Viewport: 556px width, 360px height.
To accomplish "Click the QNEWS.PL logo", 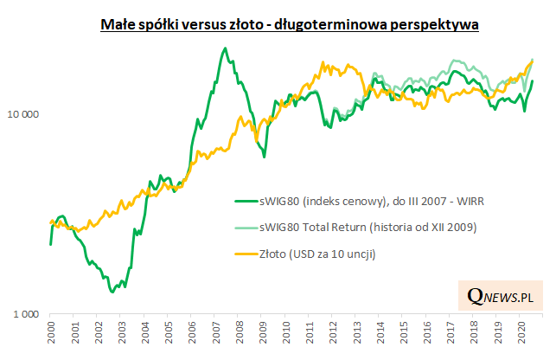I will [499, 297].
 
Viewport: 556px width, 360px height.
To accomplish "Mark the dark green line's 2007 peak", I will [225, 48].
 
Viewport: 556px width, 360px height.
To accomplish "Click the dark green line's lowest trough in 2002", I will [112, 292].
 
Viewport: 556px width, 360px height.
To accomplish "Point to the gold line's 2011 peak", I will [323, 63].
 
